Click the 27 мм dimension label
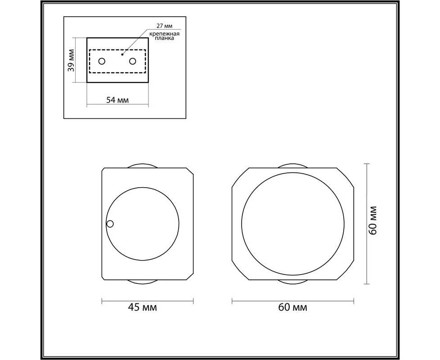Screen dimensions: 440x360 point(165,26)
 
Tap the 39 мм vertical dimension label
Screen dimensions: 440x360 point(71,60)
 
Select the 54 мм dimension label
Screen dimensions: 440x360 point(117,99)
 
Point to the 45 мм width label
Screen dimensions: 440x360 point(142,307)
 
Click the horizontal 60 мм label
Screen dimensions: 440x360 point(293,307)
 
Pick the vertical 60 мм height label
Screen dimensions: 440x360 point(373,220)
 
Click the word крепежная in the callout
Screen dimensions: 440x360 point(164,34)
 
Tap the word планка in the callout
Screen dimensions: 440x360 point(165,38)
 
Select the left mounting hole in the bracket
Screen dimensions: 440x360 point(102,61)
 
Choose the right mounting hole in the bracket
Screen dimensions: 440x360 point(132,61)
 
